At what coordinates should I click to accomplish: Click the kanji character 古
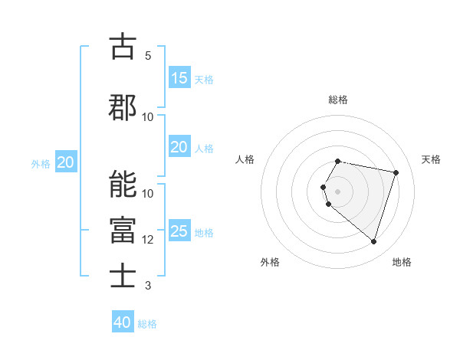click(123, 47)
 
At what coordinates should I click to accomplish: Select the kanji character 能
click(123, 185)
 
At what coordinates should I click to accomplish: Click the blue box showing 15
click(179, 78)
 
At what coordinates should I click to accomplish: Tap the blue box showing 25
click(179, 231)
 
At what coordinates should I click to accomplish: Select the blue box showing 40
click(123, 322)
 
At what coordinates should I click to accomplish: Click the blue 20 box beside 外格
click(66, 162)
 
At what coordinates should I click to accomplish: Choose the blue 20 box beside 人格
click(179, 147)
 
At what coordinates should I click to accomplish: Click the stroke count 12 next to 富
click(148, 240)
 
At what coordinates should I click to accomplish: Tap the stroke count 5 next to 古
click(148, 56)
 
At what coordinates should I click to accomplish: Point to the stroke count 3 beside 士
click(148, 286)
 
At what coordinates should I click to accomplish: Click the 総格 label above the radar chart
click(338, 100)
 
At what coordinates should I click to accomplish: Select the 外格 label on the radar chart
click(270, 263)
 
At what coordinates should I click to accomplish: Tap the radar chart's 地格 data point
click(373, 242)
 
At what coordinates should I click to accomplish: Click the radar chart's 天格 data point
click(396, 172)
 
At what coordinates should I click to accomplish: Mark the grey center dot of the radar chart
click(338, 191)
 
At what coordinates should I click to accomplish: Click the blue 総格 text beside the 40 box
click(147, 324)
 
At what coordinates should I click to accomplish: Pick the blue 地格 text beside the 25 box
click(204, 233)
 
